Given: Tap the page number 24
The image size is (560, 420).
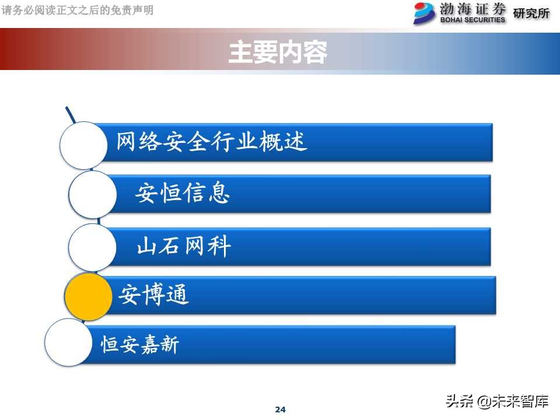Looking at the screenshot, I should (x=280, y=409).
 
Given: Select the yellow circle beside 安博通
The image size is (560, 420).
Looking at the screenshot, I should (x=88, y=296).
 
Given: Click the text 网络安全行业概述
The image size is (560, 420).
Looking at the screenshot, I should (x=212, y=142).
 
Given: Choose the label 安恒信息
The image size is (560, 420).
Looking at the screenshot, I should (x=183, y=192).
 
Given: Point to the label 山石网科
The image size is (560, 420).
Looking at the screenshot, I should (x=184, y=247).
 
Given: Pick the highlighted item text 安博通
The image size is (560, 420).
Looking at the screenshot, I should (x=154, y=296).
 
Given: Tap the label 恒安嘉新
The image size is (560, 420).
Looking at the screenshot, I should (x=140, y=345).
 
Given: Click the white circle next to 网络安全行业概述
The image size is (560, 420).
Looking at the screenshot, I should (x=84, y=145).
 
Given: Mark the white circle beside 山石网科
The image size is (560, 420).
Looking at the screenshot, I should (x=92, y=247).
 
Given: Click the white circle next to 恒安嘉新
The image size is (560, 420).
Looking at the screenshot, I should (x=68, y=342).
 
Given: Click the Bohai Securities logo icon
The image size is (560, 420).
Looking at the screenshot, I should (x=424, y=13).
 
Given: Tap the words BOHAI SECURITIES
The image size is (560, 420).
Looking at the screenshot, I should (x=473, y=20).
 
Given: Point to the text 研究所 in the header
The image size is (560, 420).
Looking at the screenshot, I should (x=531, y=13).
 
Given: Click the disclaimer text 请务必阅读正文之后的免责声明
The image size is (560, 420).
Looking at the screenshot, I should (x=78, y=10).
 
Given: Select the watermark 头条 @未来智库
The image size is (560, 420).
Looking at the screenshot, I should (x=497, y=401).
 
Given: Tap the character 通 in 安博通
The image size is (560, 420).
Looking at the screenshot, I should (x=178, y=296).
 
